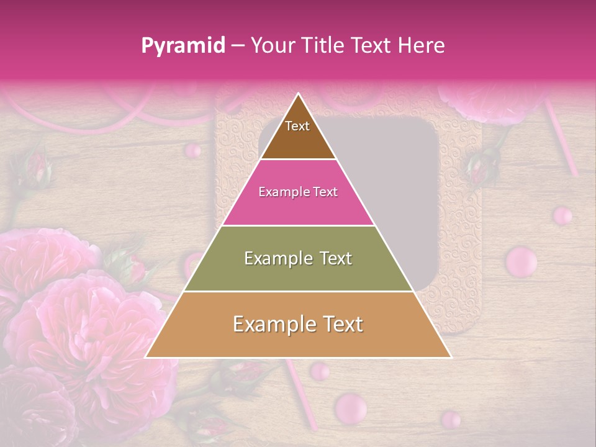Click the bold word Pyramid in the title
click(183, 46)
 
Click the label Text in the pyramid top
click(297, 126)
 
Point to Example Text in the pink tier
click(298, 192)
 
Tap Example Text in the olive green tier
click(298, 258)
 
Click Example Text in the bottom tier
click(298, 324)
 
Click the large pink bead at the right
click(521, 261)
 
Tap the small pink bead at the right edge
click(562, 215)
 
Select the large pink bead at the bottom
click(350, 407)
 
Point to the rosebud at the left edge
click(36, 168)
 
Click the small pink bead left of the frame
click(194, 150)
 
